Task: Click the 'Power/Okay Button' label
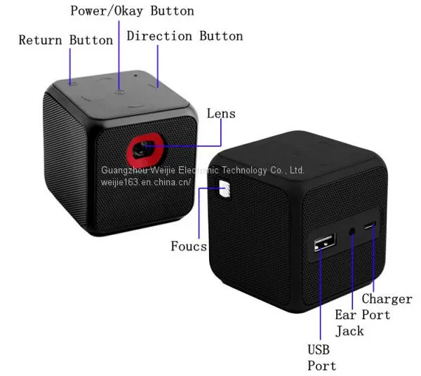pos(132,11)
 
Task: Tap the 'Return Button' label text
pos(66,40)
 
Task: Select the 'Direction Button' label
pos(185,36)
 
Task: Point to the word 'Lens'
pos(221,114)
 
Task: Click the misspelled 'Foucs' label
pos(189,246)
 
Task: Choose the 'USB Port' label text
pos(321,358)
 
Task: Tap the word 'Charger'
pos(387,299)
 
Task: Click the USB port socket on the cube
pos(325,241)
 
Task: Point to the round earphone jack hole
pos(352,231)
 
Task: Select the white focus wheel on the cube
pos(225,189)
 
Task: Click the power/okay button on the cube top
pos(119,92)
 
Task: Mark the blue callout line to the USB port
pos(321,293)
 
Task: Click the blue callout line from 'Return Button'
pos(70,66)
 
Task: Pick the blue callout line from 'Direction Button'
pos(158,66)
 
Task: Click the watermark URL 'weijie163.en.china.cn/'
pos(146,182)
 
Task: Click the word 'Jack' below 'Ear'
pos(349,331)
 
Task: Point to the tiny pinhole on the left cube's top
pos(135,76)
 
